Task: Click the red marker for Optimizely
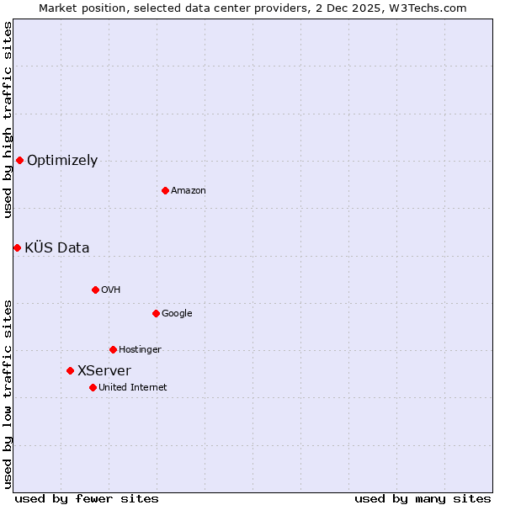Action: click(x=19, y=160)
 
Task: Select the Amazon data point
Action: click(x=165, y=190)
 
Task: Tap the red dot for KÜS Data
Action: click(x=17, y=247)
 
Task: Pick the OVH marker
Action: click(x=95, y=290)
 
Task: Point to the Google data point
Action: click(x=156, y=313)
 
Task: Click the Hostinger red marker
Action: click(x=113, y=349)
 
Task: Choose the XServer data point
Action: click(x=70, y=370)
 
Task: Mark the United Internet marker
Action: click(x=93, y=387)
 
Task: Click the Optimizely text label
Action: click(x=62, y=161)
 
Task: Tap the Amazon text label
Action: click(x=189, y=191)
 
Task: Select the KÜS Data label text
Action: click(x=57, y=247)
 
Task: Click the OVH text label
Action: click(x=111, y=290)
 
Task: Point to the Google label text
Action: click(x=177, y=314)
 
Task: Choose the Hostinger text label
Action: click(x=140, y=350)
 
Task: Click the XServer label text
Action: click(x=104, y=371)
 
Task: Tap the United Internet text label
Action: click(x=133, y=388)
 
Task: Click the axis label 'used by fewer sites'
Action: click(x=87, y=498)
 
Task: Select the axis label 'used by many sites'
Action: click(x=423, y=498)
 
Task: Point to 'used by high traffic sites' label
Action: click(x=8, y=120)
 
